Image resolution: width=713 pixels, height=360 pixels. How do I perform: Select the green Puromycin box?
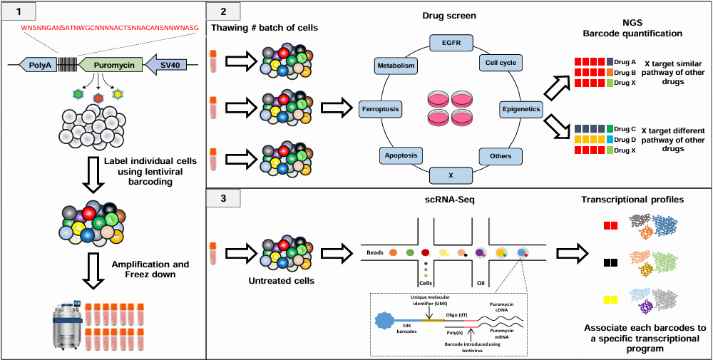coord(108,66)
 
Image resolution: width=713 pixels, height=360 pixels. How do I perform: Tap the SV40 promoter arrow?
coord(168,66)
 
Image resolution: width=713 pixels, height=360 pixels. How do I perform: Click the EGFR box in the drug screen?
coord(453,43)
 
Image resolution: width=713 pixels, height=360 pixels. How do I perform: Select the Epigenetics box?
coord(520,109)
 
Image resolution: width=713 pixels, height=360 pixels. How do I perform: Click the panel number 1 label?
coord(19,11)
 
